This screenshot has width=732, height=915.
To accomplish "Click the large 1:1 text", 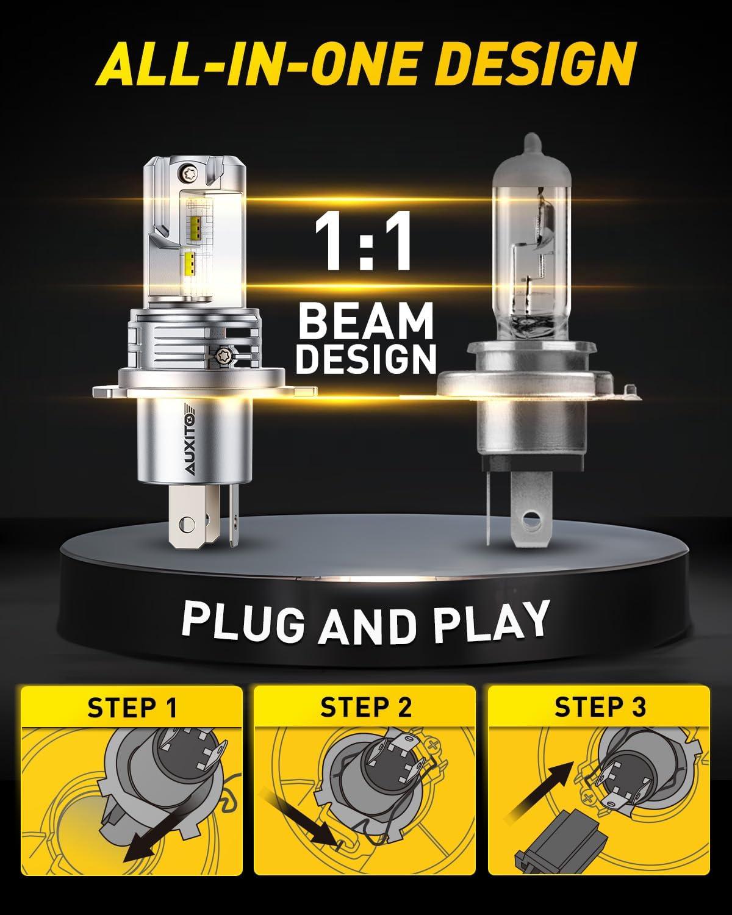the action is tap(364, 240).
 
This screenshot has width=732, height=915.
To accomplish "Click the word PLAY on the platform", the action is tap(490, 622).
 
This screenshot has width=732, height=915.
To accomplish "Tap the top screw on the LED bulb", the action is tap(187, 172).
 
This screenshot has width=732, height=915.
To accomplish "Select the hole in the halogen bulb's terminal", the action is tap(529, 518).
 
